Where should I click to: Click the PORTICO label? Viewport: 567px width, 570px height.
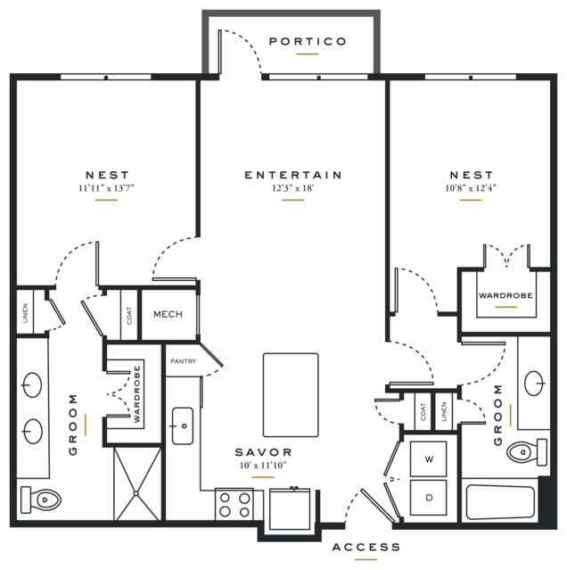click(x=308, y=41)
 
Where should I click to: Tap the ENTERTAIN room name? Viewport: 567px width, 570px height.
click(x=293, y=175)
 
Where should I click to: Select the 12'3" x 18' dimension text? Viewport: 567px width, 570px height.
click(x=292, y=188)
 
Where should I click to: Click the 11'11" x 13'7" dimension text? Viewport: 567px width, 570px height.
click(x=106, y=188)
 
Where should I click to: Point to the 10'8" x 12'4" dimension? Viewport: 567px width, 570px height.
click(x=471, y=188)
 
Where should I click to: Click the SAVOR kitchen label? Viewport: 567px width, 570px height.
click(x=263, y=452)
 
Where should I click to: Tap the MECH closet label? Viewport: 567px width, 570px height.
click(x=168, y=315)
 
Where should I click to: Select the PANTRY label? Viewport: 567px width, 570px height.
click(x=183, y=361)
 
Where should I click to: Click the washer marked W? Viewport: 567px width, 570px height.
click(x=428, y=459)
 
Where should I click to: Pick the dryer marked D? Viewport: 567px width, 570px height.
click(x=428, y=497)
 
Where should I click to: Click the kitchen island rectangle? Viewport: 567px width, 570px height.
click(x=291, y=395)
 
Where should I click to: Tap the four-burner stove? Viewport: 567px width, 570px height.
click(x=234, y=504)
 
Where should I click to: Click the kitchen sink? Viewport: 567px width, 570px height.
click(x=183, y=425)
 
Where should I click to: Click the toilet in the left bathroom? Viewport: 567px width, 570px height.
click(x=41, y=500)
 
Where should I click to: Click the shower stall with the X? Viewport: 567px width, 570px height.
click(x=137, y=483)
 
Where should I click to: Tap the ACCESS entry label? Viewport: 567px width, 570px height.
click(x=366, y=547)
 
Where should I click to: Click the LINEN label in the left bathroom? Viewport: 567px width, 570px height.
click(x=25, y=313)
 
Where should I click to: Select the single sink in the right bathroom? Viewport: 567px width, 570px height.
click(x=535, y=384)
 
